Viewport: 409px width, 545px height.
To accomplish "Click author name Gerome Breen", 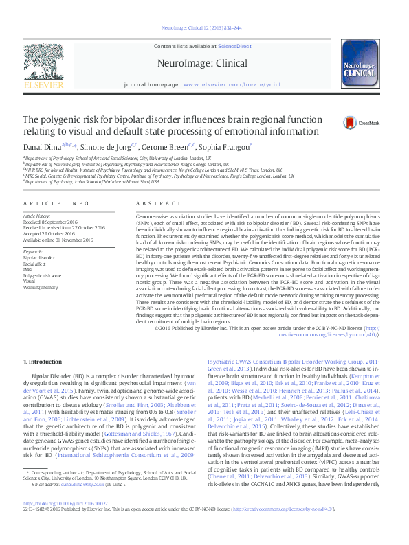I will pyautogui.click(x=170, y=147).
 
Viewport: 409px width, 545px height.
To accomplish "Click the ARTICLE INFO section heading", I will pyautogui.click(x=56, y=204).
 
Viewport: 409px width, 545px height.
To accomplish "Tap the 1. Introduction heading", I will pyautogui.click(x=45, y=360).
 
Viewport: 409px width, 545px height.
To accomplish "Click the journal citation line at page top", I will pyautogui.click(x=204, y=28).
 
